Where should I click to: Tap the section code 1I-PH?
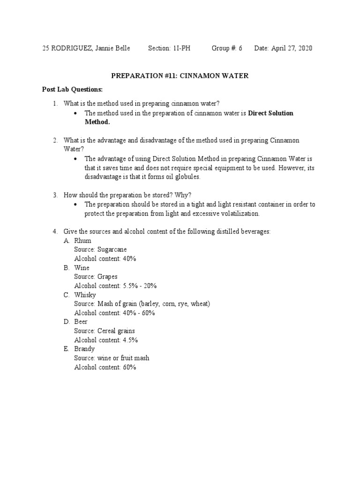(x=180, y=48)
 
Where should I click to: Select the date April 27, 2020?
(x=292, y=48)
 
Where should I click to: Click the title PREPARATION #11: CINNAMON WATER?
(x=180, y=75)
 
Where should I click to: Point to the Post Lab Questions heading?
(x=72, y=89)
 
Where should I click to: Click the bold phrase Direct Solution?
(x=270, y=113)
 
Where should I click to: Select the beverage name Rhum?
(x=82, y=240)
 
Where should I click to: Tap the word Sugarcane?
(x=112, y=249)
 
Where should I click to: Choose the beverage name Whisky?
(x=85, y=295)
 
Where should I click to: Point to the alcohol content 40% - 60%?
(x=138, y=313)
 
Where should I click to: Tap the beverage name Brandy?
(x=84, y=349)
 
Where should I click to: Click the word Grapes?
(x=107, y=277)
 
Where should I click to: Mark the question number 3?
(x=55, y=195)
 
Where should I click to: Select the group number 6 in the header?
(x=240, y=48)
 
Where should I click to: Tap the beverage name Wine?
(x=82, y=268)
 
